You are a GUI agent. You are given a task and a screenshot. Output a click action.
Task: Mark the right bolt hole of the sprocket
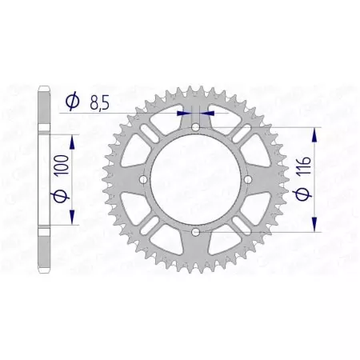(x=247, y=180)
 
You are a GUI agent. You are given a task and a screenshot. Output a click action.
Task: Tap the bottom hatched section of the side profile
(x=44, y=254)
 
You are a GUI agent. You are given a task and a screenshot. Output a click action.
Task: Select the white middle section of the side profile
(x=44, y=180)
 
